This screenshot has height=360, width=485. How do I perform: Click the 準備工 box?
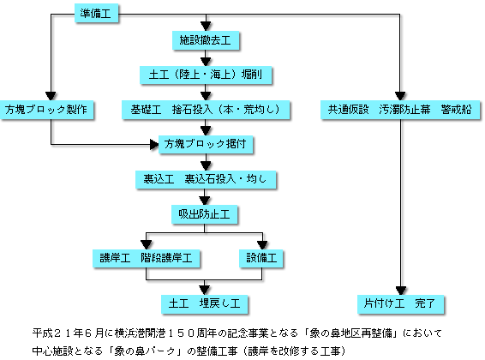coord(96,13)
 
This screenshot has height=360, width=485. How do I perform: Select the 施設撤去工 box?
coord(206,40)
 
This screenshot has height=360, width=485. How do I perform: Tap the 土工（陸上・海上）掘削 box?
coord(206,75)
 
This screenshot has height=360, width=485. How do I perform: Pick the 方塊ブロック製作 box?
coord(46,110)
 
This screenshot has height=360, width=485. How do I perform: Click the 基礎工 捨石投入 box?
coord(206,110)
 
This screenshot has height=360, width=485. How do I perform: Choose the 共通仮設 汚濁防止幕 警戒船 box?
coord(400,110)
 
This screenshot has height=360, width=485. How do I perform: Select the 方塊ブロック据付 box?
coord(206,144)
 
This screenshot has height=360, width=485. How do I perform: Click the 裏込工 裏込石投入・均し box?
coord(206,179)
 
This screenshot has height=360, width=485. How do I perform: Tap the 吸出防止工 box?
coord(205,214)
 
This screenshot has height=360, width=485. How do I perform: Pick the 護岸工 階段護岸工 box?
coord(146,258)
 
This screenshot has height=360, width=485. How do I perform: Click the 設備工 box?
coord(261,258)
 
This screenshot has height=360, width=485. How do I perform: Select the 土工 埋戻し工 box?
coord(204,303)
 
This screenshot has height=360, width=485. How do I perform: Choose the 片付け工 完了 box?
coord(400,303)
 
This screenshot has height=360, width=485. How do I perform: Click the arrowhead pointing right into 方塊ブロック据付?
coord(154,144)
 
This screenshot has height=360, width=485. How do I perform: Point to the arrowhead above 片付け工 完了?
coord(401,291)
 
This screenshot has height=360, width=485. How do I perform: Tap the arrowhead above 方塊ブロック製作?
coord(51,96)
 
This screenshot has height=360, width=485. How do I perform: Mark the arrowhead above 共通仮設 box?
coord(400,96)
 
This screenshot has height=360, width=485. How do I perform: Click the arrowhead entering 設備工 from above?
coord(262,245)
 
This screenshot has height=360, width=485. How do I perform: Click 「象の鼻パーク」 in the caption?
coord(148,351)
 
